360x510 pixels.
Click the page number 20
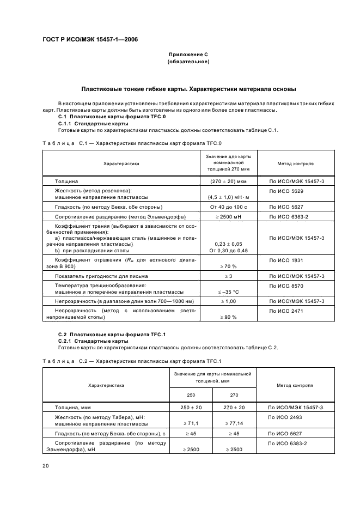point(46,466)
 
